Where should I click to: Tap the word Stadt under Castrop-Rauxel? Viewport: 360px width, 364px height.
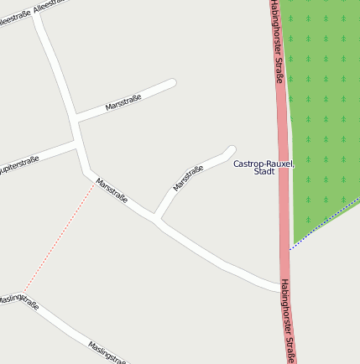click(x=263, y=172)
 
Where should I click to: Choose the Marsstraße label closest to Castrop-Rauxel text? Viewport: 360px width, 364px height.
click(x=189, y=179)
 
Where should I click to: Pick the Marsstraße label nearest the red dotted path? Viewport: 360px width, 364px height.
click(x=112, y=190)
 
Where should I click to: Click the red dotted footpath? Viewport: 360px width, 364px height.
click(x=59, y=237)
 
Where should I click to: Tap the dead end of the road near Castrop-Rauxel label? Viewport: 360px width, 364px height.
click(x=231, y=150)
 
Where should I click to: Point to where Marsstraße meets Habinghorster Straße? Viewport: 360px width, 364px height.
click(x=281, y=288)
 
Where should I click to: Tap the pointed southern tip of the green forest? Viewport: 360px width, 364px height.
click(x=292, y=247)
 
